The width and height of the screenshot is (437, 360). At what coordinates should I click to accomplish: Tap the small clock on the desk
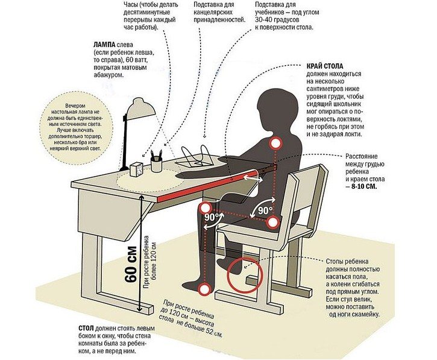coord(136,169)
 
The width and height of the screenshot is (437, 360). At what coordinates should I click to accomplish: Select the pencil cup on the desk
coord(156,164)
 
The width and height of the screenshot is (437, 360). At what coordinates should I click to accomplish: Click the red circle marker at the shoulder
coord(275,144)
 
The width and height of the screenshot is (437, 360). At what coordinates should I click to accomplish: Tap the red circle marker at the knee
coord(206,208)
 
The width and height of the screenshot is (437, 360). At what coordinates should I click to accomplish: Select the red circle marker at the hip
coord(273,223)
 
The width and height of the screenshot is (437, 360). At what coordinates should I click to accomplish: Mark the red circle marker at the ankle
coord(205,289)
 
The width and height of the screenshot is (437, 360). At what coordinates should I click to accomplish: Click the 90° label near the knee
coord(212,217)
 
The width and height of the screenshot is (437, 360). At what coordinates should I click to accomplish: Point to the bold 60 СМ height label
coord(131,265)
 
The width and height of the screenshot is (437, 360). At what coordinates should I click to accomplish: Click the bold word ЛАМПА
coord(104,45)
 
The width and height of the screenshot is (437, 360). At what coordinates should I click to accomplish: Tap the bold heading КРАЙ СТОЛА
coord(325,66)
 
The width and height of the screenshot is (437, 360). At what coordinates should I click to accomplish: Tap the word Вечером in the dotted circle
coord(75,106)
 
